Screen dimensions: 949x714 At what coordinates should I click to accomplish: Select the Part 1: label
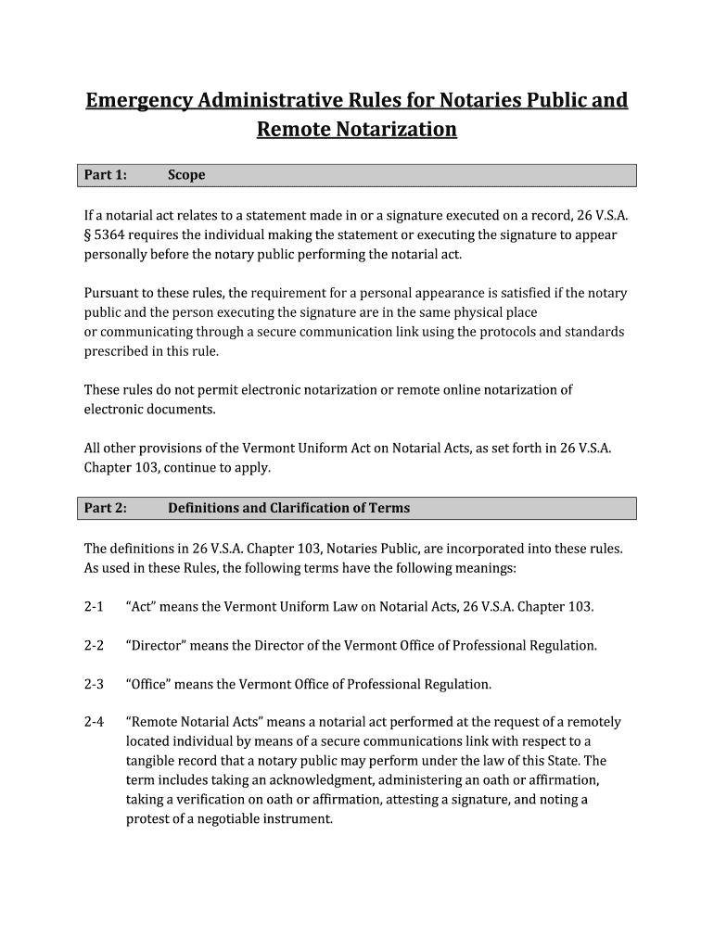click(x=106, y=175)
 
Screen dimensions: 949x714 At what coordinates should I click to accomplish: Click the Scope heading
click(x=186, y=175)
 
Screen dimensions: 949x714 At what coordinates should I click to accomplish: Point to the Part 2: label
click(x=106, y=508)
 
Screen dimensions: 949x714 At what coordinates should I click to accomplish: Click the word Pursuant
click(x=112, y=293)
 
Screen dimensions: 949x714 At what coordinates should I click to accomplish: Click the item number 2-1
click(x=94, y=607)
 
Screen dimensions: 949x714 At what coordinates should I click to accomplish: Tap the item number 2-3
click(x=94, y=685)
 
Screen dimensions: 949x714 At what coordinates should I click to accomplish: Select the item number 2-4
click(x=94, y=722)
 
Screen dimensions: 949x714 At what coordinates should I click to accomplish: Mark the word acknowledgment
click(x=296, y=780)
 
